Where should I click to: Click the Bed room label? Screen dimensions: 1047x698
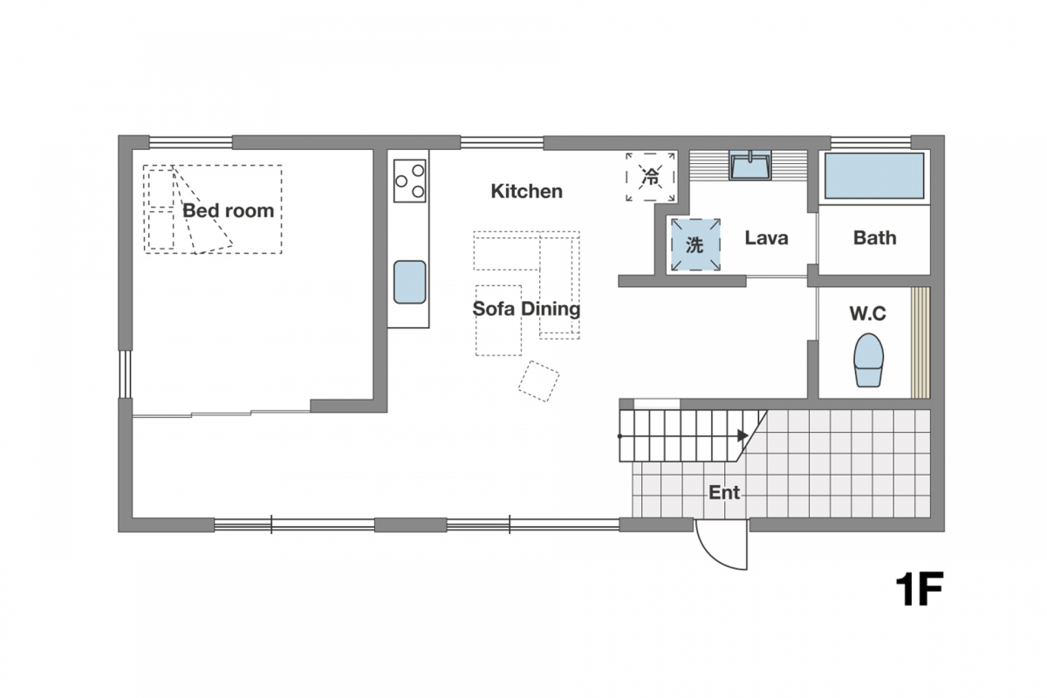pyautogui.click(x=228, y=211)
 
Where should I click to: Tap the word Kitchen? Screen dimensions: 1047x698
pyautogui.click(x=527, y=191)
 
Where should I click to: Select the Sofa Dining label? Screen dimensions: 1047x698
pyautogui.click(x=526, y=309)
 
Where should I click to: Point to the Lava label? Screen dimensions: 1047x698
pyautogui.click(x=767, y=238)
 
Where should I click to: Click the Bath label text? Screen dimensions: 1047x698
pyautogui.click(x=875, y=238)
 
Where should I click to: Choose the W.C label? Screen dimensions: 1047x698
pyautogui.click(x=868, y=314)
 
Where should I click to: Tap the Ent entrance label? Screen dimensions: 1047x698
pyautogui.click(x=724, y=492)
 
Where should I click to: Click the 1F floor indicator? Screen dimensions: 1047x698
pyautogui.click(x=920, y=590)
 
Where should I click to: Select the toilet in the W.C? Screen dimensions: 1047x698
pyautogui.click(x=869, y=360)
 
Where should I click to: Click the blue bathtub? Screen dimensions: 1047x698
pyautogui.click(x=874, y=175)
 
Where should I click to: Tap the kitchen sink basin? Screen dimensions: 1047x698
pyautogui.click(x=410, y=282)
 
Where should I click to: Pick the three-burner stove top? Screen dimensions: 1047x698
pyautogui.click(x=410, y=181)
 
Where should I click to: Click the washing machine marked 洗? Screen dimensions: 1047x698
pyautogui.click(x=695, y=245)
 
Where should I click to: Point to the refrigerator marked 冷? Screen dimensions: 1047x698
pyautogui.click(x=650, y=177)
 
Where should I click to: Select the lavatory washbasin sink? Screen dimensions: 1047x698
pyautogui.click(x=750, y=166)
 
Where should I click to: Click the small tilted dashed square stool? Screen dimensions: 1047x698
pyautogui.click(x=538, y=381)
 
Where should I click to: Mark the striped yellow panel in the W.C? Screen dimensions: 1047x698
pyautogui.click(x=920, y=343)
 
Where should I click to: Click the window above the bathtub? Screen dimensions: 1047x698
pyautogui.click(x=871, y=142)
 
